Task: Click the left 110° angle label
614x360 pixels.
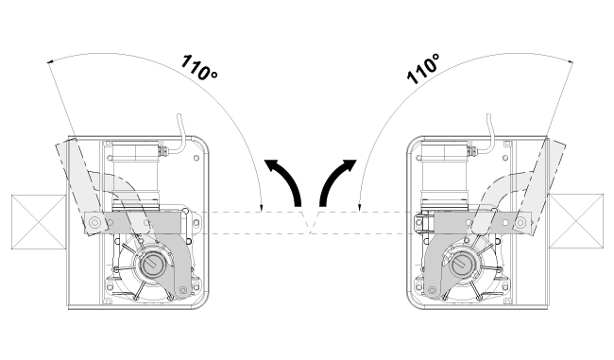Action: pos(199,67)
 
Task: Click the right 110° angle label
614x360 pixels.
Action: pos(423,69)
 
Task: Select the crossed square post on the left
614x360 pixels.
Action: pos(39,222)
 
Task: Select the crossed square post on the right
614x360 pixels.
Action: pos(576,221)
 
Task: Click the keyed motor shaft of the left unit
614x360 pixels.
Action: pos(152,265)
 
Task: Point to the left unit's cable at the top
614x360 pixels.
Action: pos(181,133)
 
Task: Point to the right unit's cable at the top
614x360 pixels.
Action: pos(490,133)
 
